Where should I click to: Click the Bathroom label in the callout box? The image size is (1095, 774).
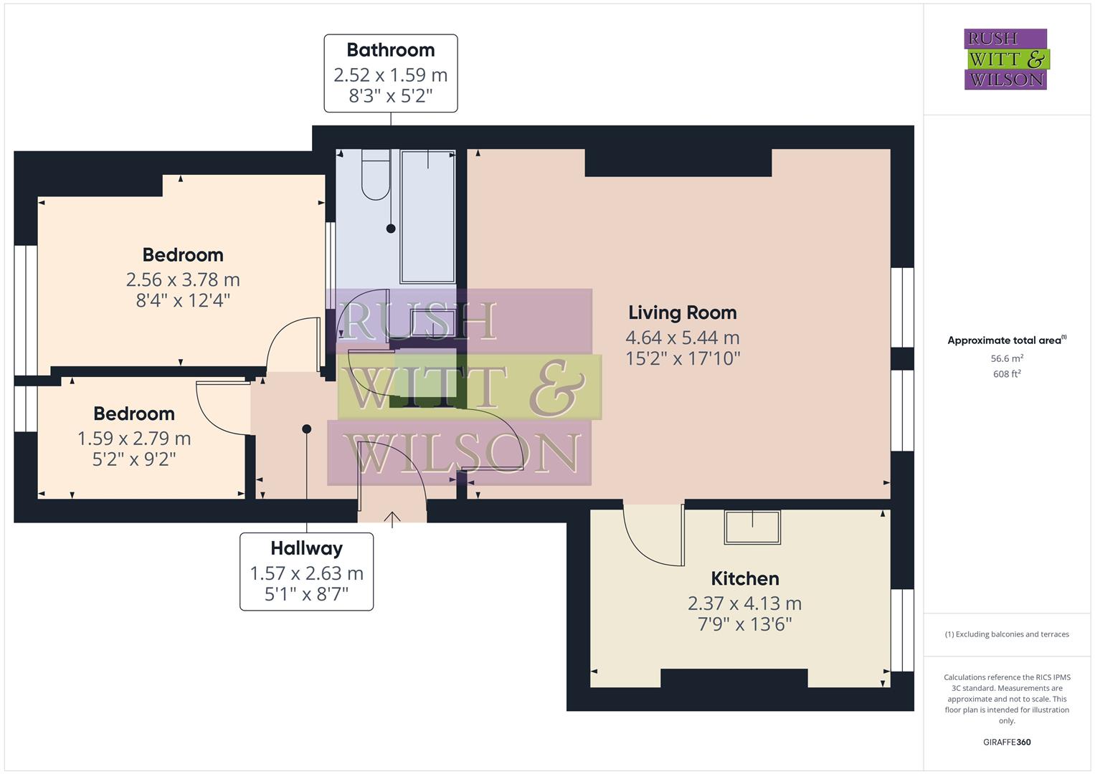[x=390, y=50]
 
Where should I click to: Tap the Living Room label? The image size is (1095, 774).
[x=682, y=312]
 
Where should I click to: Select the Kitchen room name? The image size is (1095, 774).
[x=744, y=578]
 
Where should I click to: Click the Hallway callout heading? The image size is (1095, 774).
[x=306, y=548]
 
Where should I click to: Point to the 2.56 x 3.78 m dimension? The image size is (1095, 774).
[x=183, y=279]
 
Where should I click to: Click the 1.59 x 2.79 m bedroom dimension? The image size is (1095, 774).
[x=134, y=438]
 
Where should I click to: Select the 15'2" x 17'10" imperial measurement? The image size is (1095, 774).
[x=683, y=358]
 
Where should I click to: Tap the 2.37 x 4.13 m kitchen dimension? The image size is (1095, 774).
[x=744, y=603]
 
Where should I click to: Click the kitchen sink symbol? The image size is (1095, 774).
[x=752, y=527]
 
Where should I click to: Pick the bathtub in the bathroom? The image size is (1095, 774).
[x=428, y=216]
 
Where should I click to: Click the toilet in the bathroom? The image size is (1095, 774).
[x=375, y=176]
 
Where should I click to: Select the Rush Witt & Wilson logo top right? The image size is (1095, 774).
[x=1005, y=59]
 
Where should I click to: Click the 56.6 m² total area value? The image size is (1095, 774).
[x=1006, y=358]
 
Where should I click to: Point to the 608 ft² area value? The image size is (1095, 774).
[x=1006, y=374]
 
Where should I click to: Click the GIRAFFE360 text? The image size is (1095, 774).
[x=1006, y=742]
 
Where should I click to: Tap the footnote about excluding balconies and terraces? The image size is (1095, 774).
[x=1006, y=634]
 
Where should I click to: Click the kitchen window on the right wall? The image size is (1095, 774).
[x=902, y=630]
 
